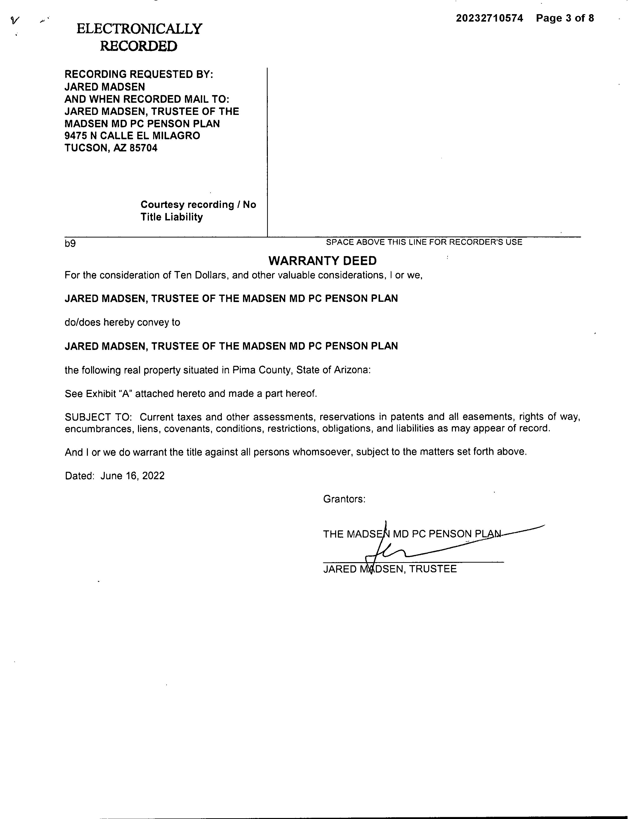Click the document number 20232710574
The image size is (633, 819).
coord(489,18)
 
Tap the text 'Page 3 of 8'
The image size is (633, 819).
coord(565,18)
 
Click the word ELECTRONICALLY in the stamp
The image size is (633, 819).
coord(139,29)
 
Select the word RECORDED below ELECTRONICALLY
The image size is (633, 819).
coord(138,46)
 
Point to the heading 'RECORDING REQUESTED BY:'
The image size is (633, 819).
coord(139,74)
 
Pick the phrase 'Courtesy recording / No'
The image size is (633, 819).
coord(198,205)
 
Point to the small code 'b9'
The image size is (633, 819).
coord(70,244)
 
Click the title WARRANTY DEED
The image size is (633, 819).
coord(322,261)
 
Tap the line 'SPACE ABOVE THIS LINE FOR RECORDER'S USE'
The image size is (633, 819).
coord(424,242)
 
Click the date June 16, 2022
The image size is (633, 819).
coord(132,476)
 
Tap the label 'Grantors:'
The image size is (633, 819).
coord(344,499)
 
